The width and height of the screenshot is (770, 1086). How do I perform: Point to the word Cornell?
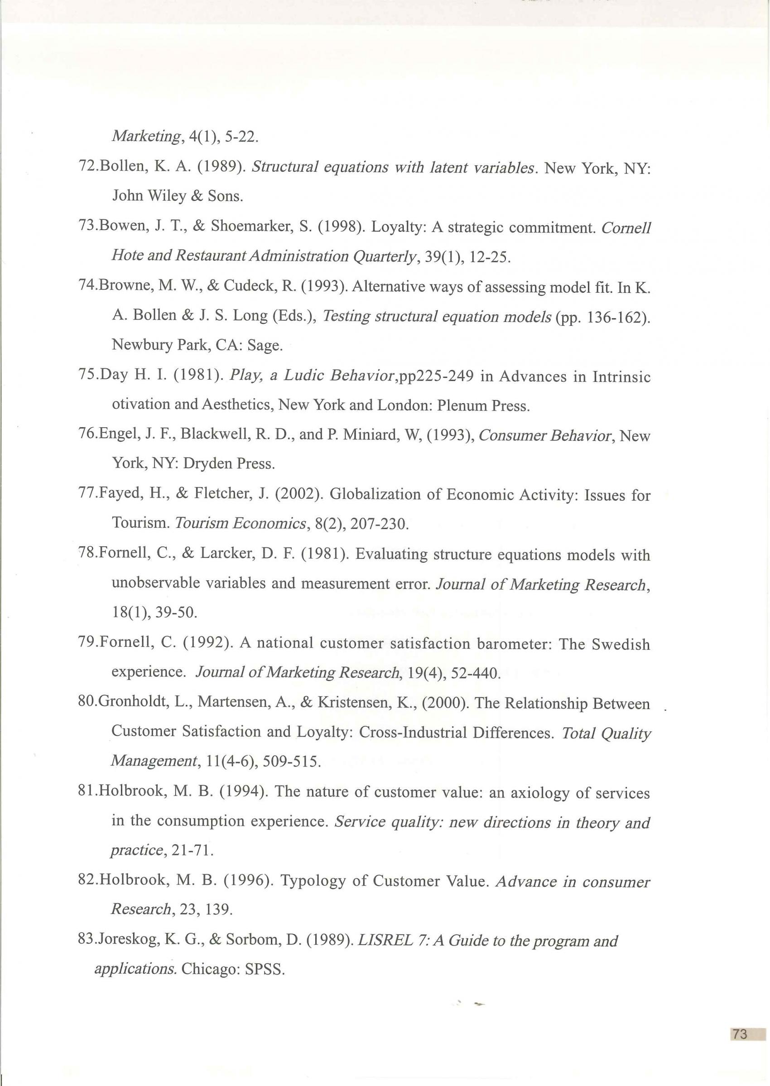tap(626, 227)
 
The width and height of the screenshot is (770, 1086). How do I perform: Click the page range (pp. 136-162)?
tap(602, 316)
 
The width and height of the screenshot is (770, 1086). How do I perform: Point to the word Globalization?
tap(375, 494)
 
